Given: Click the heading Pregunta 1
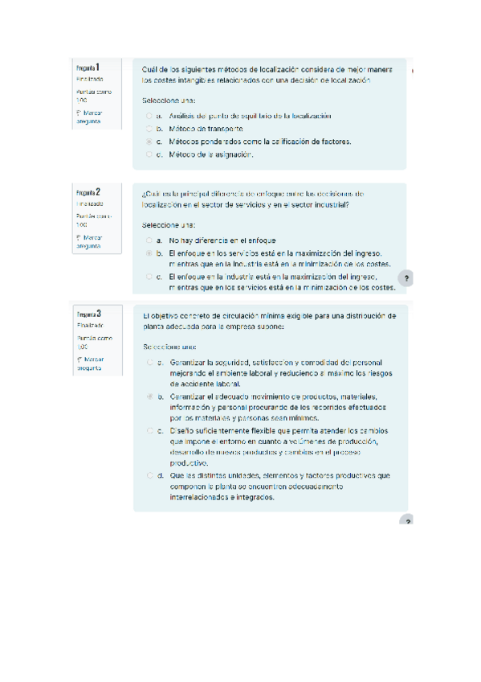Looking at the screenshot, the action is (88, 68).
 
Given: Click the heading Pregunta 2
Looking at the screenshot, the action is (88, 193).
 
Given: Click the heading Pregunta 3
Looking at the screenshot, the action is (88, 313).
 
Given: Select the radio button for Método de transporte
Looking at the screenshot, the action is (149, 129).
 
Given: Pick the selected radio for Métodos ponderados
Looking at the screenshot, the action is (149, 142).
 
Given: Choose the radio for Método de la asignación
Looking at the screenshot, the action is (149, 154).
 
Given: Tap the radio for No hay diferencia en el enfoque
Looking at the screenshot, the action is (149, 240).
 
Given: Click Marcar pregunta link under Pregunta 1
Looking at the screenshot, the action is (88, 117).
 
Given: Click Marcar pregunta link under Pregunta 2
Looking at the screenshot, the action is (88, 242).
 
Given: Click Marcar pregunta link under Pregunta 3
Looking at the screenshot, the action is (88, 363).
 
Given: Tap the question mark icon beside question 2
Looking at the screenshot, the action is (406, 277).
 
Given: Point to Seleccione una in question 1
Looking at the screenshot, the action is (169, 101).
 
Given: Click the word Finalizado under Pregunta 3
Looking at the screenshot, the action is (89, 325).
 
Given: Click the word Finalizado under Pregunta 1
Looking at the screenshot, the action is (89, 80).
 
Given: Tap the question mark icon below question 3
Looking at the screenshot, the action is (406, 520).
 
